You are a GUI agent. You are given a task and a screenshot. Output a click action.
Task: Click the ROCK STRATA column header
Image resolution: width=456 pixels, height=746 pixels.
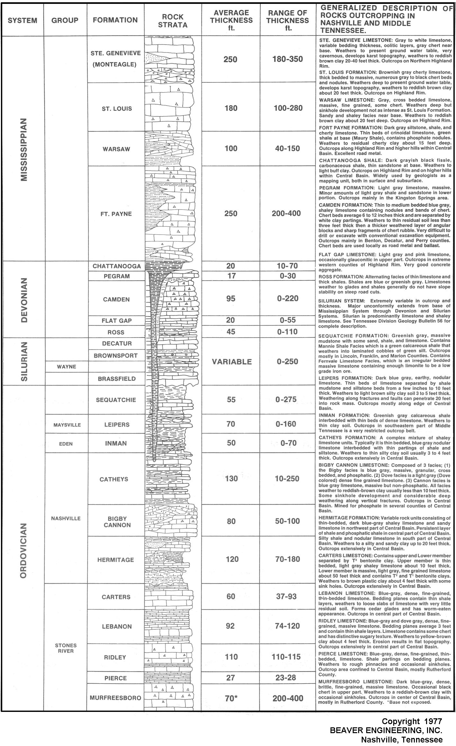[172, 21]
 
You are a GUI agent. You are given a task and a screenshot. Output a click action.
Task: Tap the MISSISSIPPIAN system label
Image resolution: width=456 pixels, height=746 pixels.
[23, 150]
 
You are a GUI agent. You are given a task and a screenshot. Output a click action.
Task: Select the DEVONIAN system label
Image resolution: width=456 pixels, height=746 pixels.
[23, 300]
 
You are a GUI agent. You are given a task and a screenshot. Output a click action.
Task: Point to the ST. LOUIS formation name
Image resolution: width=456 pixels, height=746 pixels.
[117, 108]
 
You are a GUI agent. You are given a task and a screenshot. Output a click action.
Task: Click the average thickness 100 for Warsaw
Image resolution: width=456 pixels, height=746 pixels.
[231, 148]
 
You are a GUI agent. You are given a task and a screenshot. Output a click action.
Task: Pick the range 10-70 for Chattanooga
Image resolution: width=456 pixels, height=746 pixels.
[287, 266]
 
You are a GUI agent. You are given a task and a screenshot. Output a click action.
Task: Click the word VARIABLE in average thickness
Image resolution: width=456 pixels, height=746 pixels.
[232, 362]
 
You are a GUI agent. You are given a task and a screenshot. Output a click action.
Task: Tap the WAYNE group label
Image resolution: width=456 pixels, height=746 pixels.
[67, 367]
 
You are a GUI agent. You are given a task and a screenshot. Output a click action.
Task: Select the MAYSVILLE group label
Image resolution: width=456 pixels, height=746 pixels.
[67, 425]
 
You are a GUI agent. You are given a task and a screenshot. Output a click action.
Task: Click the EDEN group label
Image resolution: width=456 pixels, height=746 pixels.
[66, 444]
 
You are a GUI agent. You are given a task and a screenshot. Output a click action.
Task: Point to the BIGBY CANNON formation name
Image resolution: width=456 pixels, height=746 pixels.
[117, 522]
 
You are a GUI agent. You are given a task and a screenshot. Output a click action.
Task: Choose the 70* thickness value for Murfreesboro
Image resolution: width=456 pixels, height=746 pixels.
[231, 698]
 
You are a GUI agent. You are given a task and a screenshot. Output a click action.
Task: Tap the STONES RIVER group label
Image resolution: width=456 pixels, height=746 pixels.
[66, 648]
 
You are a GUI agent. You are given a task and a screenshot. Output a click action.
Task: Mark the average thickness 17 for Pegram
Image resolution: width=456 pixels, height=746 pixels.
[231, 276]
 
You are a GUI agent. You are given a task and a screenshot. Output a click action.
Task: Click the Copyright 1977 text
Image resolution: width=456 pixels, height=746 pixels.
[412, 721]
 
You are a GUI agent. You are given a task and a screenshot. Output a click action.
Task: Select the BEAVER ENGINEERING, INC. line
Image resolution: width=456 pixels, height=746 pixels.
[386, 730]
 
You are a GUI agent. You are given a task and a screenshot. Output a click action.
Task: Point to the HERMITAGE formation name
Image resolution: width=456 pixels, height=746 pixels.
[116, 560]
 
